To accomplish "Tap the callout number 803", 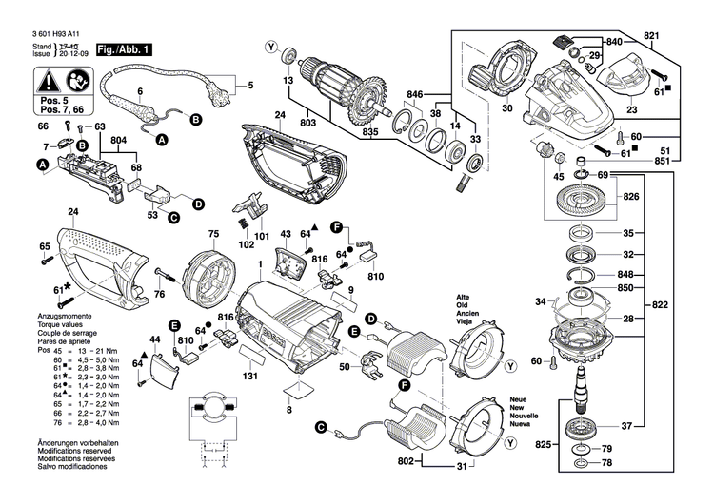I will click(x=308, y=123).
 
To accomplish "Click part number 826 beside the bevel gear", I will click(x=630, y=197).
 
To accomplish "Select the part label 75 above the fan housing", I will click(x=214, y=233).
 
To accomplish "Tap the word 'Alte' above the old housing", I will click(x=464, y=297).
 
